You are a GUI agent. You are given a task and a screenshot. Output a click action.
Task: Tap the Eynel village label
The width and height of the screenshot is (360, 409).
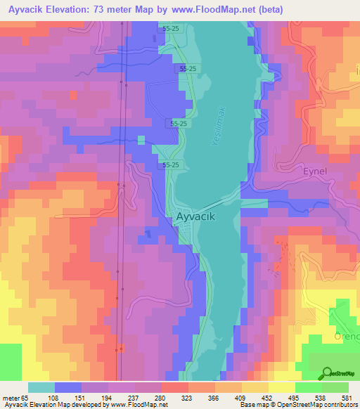pyautogui.click(x=316, y=171)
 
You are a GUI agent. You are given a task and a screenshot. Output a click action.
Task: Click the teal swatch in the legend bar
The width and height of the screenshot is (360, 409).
pyautogui.click(x=41, y=387)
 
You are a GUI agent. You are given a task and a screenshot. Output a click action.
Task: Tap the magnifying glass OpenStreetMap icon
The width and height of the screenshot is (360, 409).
pyautogui.click(x=327, y=373)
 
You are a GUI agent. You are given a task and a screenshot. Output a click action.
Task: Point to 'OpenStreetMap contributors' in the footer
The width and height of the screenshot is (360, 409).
pyautogui.click(x=318, y=405)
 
